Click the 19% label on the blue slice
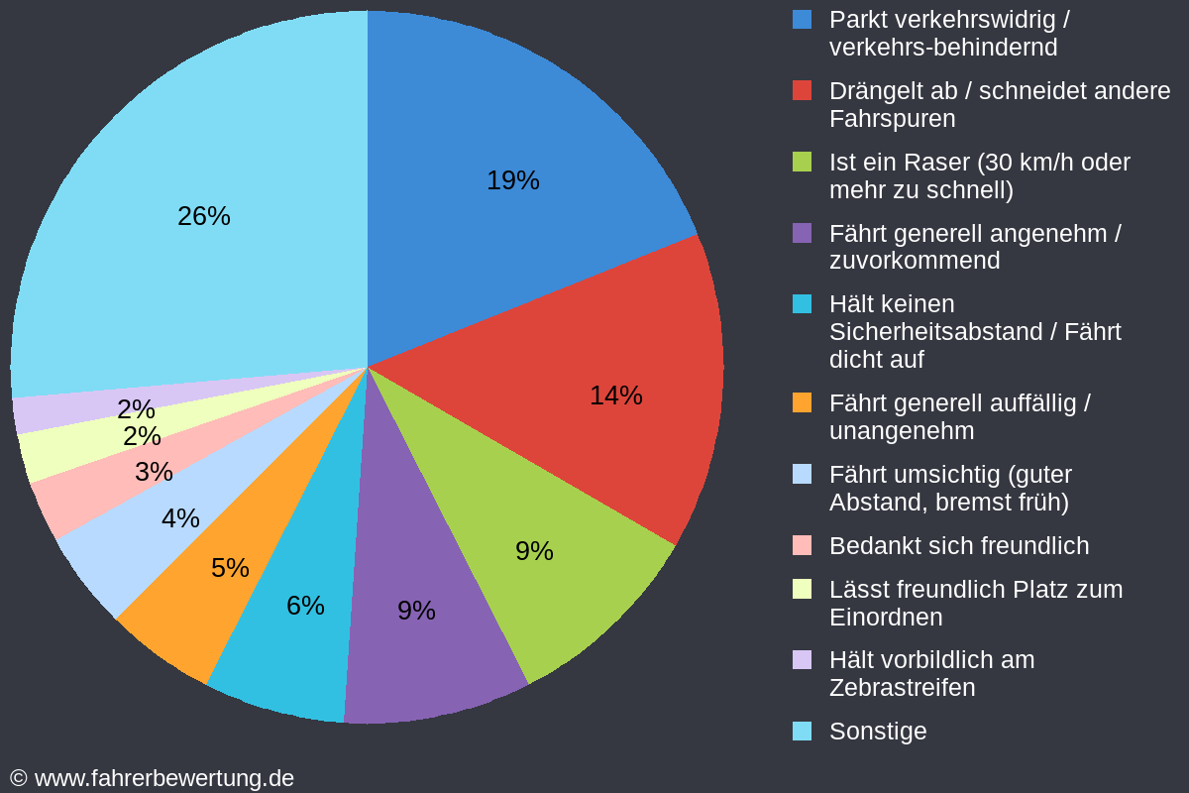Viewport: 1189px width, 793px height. (x=512, y=180)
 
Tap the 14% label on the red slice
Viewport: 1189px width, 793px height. (x=615, y=396)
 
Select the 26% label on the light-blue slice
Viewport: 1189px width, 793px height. (x=203, y=216)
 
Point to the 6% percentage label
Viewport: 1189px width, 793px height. (x=305, y=605)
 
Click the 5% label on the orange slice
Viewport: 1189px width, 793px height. (x=230, y=568)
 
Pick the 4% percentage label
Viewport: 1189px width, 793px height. (x=180, y=518)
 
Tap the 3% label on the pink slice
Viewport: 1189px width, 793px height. (x=154, y=472)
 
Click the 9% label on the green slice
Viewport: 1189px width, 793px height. (x=534, y=551)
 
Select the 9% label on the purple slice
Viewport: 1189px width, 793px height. (x=416, y=611)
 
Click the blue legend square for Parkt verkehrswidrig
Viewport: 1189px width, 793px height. (x=802, y=19)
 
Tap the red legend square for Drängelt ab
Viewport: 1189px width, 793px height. (x=802, y=90)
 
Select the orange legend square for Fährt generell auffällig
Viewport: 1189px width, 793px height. (x=802, y=402)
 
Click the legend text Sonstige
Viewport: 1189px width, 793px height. (x=878, y=732)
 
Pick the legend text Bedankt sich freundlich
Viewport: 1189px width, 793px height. (x=958, y=546)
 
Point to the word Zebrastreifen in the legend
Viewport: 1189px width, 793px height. (x=902, y=687)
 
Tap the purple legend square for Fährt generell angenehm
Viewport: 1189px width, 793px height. (x=802, y=233)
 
